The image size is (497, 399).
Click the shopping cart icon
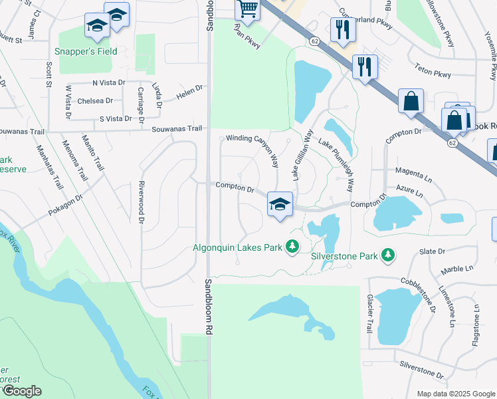tap(247, 9)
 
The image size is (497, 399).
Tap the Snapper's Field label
tap(88, 51)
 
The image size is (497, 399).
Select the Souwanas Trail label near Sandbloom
tap(177, 129)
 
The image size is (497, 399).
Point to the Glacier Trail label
tap(370, 314)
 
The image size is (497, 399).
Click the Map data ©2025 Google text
tap(455, 394)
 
